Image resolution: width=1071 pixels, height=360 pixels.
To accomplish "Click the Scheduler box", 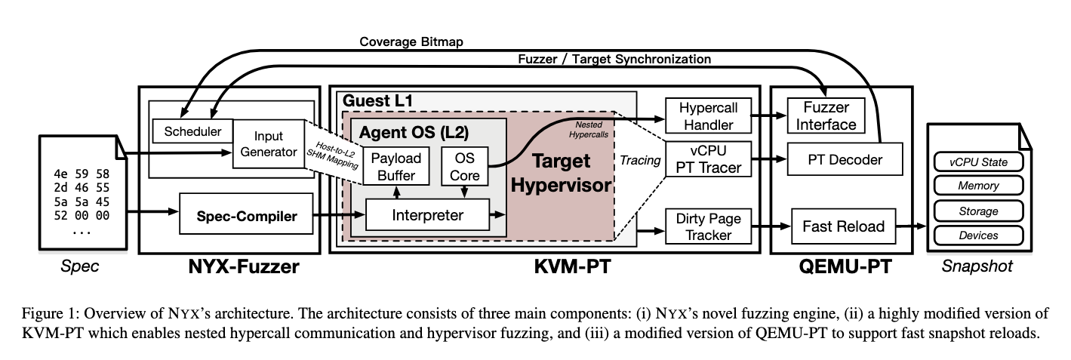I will pos(192,131).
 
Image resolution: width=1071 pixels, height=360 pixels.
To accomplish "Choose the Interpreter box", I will pos(427,215).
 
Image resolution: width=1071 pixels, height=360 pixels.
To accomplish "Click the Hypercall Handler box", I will pos(709,116).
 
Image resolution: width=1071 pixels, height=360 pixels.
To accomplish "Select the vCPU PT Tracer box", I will pos(709,158).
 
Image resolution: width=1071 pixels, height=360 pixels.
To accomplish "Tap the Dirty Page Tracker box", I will pos(709,226).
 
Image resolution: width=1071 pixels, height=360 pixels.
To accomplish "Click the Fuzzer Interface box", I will pos(826,116).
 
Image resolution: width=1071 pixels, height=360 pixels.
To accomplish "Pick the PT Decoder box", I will pos(844,159).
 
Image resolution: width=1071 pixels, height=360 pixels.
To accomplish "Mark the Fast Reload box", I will pos(844,226).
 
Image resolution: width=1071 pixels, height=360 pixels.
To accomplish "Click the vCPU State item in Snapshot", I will pos(978,162).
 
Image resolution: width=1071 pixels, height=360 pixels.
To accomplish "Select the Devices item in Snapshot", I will pos(978,235).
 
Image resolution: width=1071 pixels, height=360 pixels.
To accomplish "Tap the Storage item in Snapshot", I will pos(978,211).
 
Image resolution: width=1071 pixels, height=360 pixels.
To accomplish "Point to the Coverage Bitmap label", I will pos(411,42).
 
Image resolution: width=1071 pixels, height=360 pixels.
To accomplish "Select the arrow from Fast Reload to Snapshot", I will pos(912,226).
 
